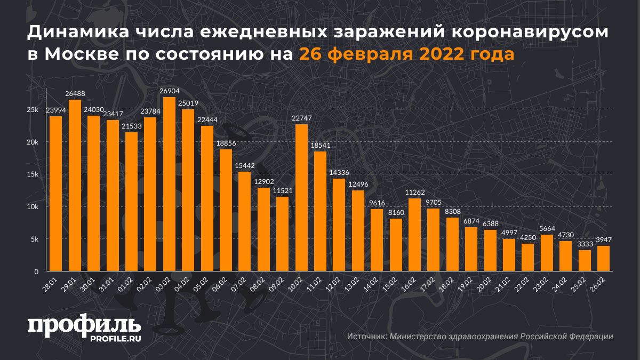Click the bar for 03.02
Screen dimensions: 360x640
tap(169, 184)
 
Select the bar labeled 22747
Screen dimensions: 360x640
tap(301, 197)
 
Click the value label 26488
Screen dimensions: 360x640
tap(75, 94)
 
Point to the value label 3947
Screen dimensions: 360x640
tap(603, 240)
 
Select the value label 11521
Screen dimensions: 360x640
tap(283, 191)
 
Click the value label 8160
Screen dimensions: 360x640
tap(396, 213)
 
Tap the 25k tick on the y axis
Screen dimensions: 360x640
tap(33, 109)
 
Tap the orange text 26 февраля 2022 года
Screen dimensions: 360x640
tap(406, 54)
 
